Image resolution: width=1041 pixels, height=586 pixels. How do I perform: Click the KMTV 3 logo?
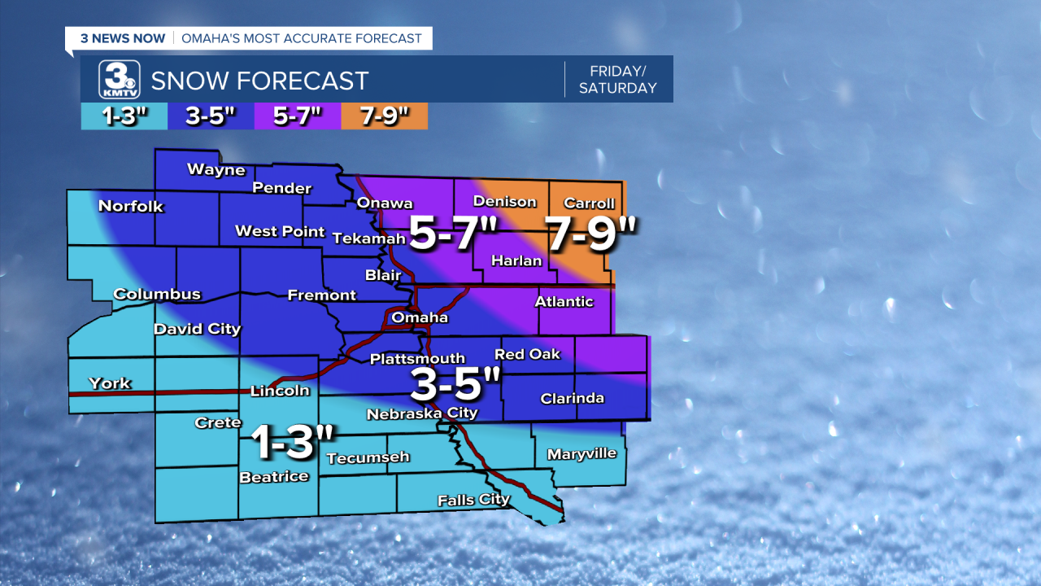pos(119,80)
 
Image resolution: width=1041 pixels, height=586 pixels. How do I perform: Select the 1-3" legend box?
pos(124,116)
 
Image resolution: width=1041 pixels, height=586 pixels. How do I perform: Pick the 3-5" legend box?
pos(210,116)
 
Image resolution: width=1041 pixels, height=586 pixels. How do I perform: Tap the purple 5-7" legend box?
pos(297,116)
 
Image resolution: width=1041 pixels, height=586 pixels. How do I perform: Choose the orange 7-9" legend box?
pos(384,116)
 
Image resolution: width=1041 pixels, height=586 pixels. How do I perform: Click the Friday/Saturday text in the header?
pos(617,80)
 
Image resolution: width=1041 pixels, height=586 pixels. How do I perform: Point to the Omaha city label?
pos(420,317)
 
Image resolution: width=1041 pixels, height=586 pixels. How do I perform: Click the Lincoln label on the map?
pos(280,391)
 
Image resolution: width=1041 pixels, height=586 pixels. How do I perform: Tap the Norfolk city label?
pos(131,206)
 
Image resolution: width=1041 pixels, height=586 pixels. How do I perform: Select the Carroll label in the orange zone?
pos(589,203)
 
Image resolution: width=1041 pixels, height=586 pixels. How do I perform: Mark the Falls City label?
pos(473,500)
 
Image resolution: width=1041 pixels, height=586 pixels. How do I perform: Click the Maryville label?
pos(581,453)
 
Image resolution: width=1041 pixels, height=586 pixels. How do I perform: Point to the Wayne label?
pos(216,169)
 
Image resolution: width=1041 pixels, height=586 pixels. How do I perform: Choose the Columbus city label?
pos(157,294)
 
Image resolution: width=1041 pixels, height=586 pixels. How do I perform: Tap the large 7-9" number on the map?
pos(591,234)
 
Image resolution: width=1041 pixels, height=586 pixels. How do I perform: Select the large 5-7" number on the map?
pos(453,233)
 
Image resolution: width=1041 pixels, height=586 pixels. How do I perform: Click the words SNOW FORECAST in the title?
pos(260,81)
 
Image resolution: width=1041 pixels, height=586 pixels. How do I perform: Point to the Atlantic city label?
pos(564,301)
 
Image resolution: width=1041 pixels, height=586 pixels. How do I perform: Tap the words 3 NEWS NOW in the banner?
pos(122,38)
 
